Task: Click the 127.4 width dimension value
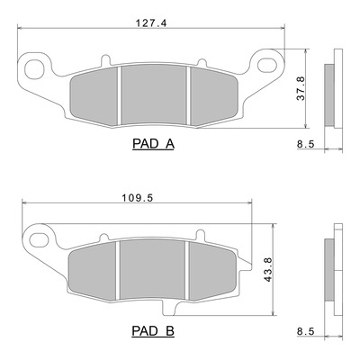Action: (151, 22)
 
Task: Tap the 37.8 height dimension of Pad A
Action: (301, 88)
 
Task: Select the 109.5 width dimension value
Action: (138, 198)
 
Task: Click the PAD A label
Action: (153, 144)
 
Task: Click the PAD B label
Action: (153, 331)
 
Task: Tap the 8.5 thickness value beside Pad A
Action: (305, 144)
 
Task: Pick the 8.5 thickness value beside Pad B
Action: (305, 331)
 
